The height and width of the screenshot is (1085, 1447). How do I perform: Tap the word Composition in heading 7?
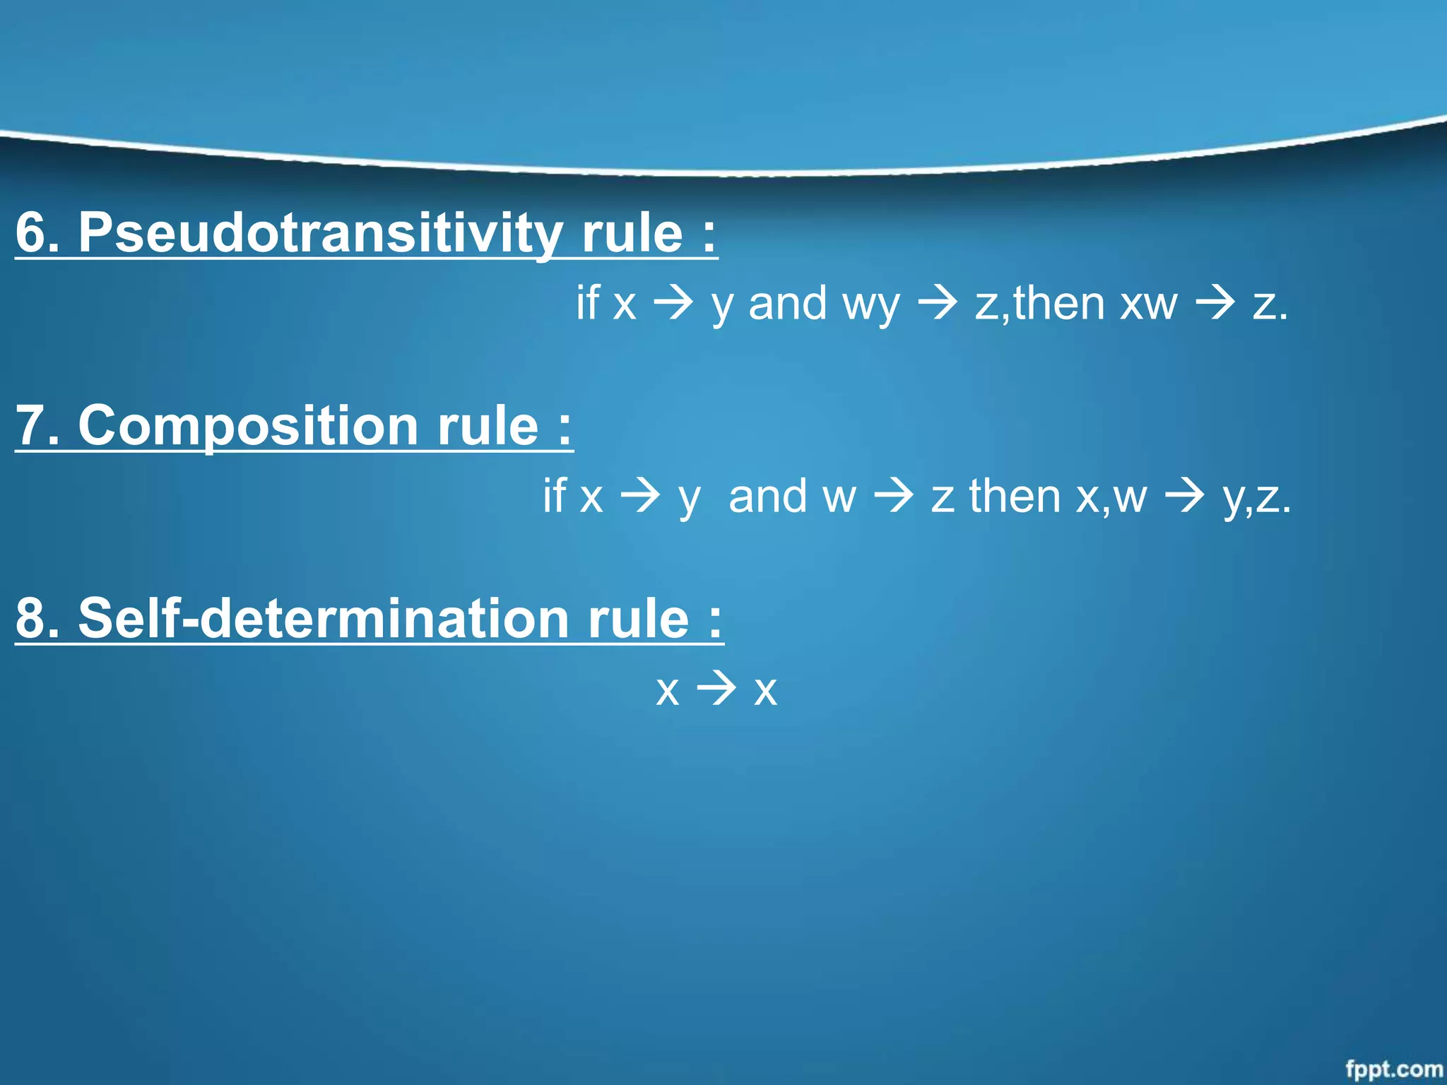[x=248, y=426]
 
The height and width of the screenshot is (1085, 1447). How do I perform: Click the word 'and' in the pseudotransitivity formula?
[x=787, y=304]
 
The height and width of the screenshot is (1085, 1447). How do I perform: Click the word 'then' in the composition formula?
[x=1015, y=496]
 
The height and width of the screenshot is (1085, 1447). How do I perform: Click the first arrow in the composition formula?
[x=640, y=496]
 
